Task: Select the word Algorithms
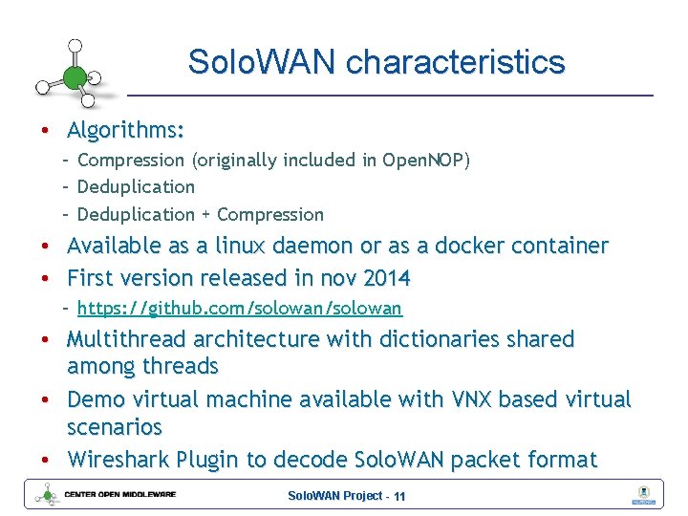click(x=125, y=129)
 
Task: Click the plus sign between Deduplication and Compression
click(x=204, y=214)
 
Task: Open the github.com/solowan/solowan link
click(x=239, y=308)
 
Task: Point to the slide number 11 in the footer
click(x=399, y=496)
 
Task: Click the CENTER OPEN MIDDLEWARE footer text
click(x=119, y=494)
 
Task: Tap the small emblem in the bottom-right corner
click(x=642, y=495)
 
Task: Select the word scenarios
click(x=114, y=426)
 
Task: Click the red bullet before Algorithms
click(x=45, y=130)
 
